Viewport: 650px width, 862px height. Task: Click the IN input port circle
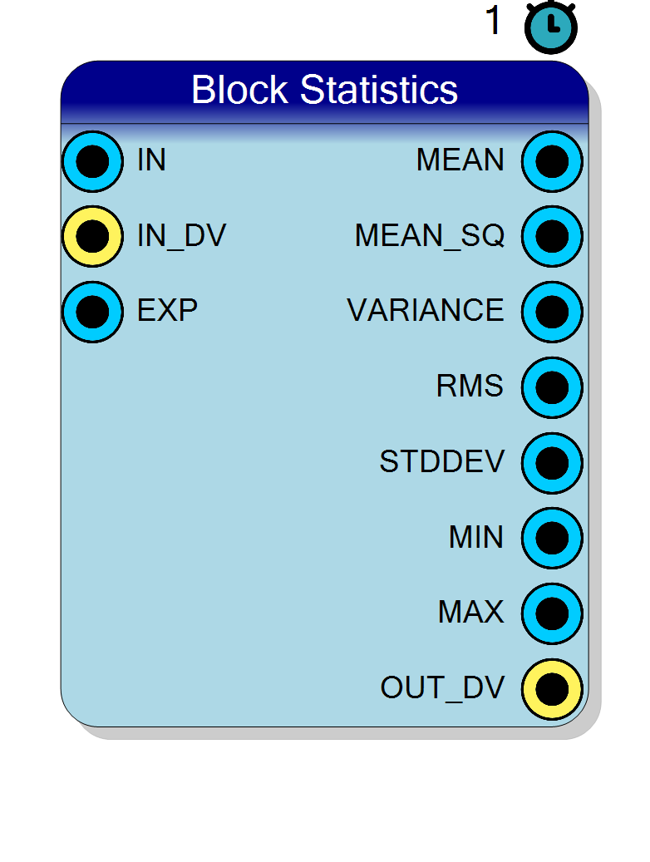point(92,161)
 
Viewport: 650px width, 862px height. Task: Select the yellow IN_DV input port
point(92,236)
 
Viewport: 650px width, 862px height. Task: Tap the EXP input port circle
point(92,312)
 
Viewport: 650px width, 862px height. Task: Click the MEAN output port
point(552,161)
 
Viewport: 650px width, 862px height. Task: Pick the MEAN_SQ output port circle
point(552,236)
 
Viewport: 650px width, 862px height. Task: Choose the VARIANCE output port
point(552,312)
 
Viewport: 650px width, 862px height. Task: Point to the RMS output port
point(552,387)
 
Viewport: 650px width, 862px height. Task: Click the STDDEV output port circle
point(552,462)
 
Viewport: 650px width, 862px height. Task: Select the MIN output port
point(552,538)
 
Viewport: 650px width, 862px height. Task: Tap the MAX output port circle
point(552,613)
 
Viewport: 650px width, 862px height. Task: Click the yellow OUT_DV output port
point(552,688)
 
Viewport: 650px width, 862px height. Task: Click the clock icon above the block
point(551,27)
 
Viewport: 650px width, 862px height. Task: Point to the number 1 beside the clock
point(493,21)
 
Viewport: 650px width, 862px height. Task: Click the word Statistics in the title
point(379,90)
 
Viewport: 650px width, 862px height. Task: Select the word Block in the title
point(239,90)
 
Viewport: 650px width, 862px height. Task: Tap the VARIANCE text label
point(426,310)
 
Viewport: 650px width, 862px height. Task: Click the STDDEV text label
point(442,461)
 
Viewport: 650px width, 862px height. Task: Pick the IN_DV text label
point(181,236)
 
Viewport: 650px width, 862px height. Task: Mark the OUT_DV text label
point(443,687)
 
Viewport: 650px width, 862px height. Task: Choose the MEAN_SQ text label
point(430,236)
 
